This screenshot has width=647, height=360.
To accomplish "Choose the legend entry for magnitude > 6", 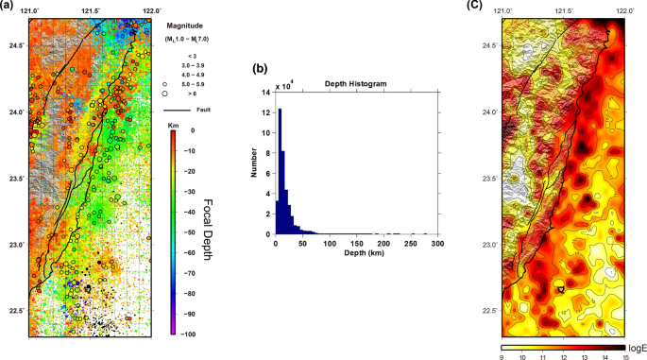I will pos(191,94).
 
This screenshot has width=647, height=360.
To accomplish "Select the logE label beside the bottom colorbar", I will pos(634,347).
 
